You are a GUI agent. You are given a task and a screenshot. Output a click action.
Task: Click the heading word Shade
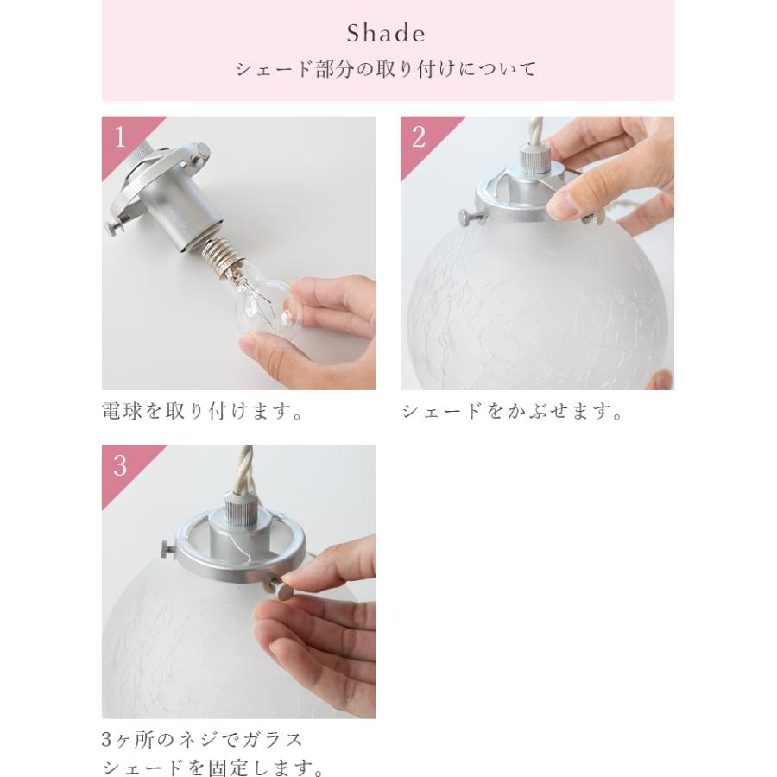386,34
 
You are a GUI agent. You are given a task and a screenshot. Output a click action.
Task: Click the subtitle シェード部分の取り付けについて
386,69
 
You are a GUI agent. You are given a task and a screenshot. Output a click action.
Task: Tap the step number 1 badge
120,137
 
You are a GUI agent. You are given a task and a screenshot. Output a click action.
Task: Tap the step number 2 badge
419,137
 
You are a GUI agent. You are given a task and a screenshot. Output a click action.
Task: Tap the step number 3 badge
120,466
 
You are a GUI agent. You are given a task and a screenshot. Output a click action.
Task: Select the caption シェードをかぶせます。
512,411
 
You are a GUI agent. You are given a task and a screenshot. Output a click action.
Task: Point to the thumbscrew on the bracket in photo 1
117,226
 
